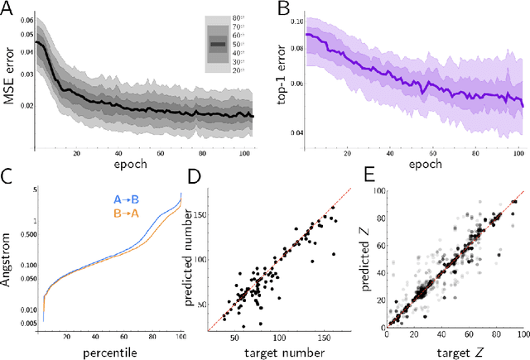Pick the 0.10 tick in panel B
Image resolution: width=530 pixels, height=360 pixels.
pyautogui.click(x=296, y=20)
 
